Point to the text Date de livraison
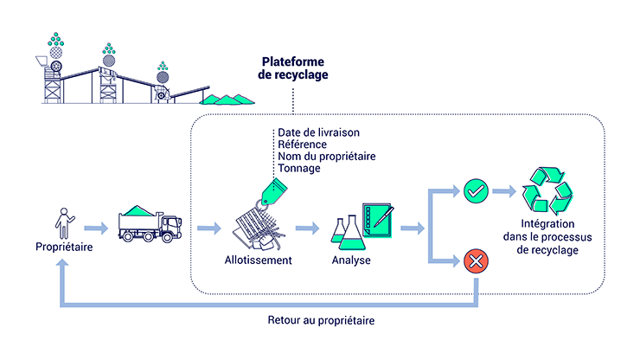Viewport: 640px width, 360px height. click(x=318, y=132)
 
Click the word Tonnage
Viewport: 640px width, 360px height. click(x=299, y=169)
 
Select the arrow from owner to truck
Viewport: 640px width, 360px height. click(x=98, y=229)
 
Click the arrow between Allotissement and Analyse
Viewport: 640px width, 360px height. click(x=307, y=229)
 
